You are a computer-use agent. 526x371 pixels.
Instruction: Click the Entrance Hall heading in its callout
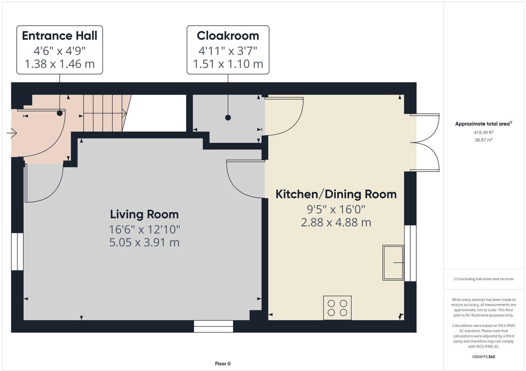[60, 35]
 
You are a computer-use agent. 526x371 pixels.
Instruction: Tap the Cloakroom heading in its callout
[228, 35]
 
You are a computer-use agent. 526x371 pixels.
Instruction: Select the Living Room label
[144, 214]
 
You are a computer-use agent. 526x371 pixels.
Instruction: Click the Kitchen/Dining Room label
[336, 194]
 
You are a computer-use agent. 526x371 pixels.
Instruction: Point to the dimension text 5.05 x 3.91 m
[144, 242]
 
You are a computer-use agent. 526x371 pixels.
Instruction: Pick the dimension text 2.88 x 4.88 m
[336, 222]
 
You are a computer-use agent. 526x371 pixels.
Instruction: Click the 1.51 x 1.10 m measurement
[228, 64]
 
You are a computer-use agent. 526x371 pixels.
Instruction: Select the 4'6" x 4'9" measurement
[60, 50]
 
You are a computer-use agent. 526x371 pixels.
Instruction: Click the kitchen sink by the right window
[393, 262]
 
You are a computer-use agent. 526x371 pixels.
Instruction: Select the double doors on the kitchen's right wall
[427, 143]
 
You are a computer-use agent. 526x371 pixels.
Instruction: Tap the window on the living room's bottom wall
[214, 326]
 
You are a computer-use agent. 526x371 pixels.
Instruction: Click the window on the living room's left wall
[17, 251]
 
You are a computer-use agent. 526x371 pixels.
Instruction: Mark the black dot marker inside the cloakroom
[228, 117]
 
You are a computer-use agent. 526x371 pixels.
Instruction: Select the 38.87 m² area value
[483, 140]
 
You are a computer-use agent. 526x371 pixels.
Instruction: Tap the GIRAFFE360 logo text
[484, 356]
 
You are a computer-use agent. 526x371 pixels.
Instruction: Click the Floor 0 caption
[222, 364]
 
